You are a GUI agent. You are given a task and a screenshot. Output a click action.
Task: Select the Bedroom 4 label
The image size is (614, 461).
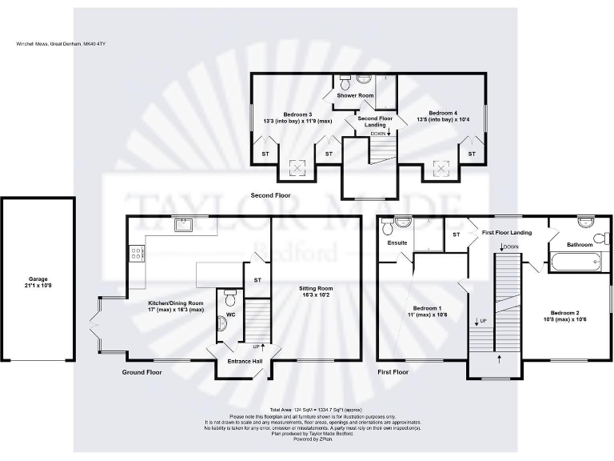point(442,113)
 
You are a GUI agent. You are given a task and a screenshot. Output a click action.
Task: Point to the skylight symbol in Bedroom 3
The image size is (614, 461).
point(297,169)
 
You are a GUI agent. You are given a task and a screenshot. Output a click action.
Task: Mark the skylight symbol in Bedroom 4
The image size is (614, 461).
point(439,169)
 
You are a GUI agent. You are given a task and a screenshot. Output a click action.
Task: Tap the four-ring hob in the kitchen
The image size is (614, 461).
point(136,254)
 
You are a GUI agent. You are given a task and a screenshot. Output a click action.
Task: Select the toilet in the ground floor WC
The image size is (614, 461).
point(229,299)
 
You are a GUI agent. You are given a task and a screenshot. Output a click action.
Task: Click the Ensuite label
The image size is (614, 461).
point(397,242)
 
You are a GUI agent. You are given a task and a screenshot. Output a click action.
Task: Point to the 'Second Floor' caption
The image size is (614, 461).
point(270,195)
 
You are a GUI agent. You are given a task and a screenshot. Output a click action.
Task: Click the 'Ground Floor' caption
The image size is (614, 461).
point(142,373)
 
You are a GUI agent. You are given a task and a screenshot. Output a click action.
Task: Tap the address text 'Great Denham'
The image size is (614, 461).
point(66,43)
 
